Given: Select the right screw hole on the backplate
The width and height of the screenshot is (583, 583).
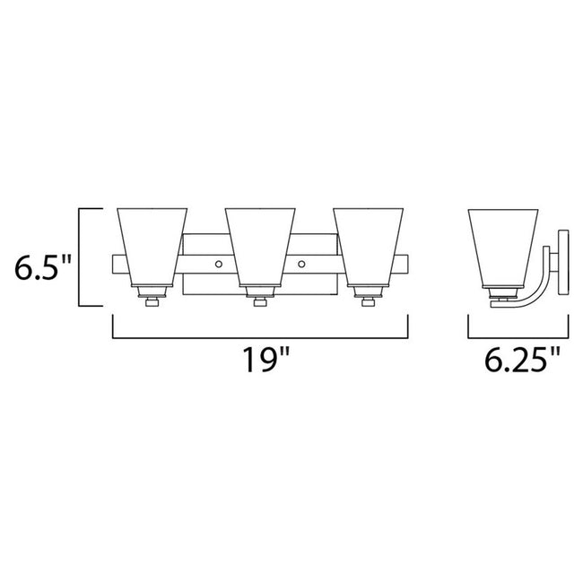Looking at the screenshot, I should pos(302,264).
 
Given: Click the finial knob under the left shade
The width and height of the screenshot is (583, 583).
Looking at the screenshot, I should pos(152,303).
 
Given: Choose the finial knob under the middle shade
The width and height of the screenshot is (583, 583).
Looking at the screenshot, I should pos(260,303).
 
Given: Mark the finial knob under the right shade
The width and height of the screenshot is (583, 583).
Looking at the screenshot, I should pos(368,303).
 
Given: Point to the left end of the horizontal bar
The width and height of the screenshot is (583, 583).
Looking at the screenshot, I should pos(117,265).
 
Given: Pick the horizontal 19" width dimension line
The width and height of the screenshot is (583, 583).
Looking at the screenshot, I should pos(260,337).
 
